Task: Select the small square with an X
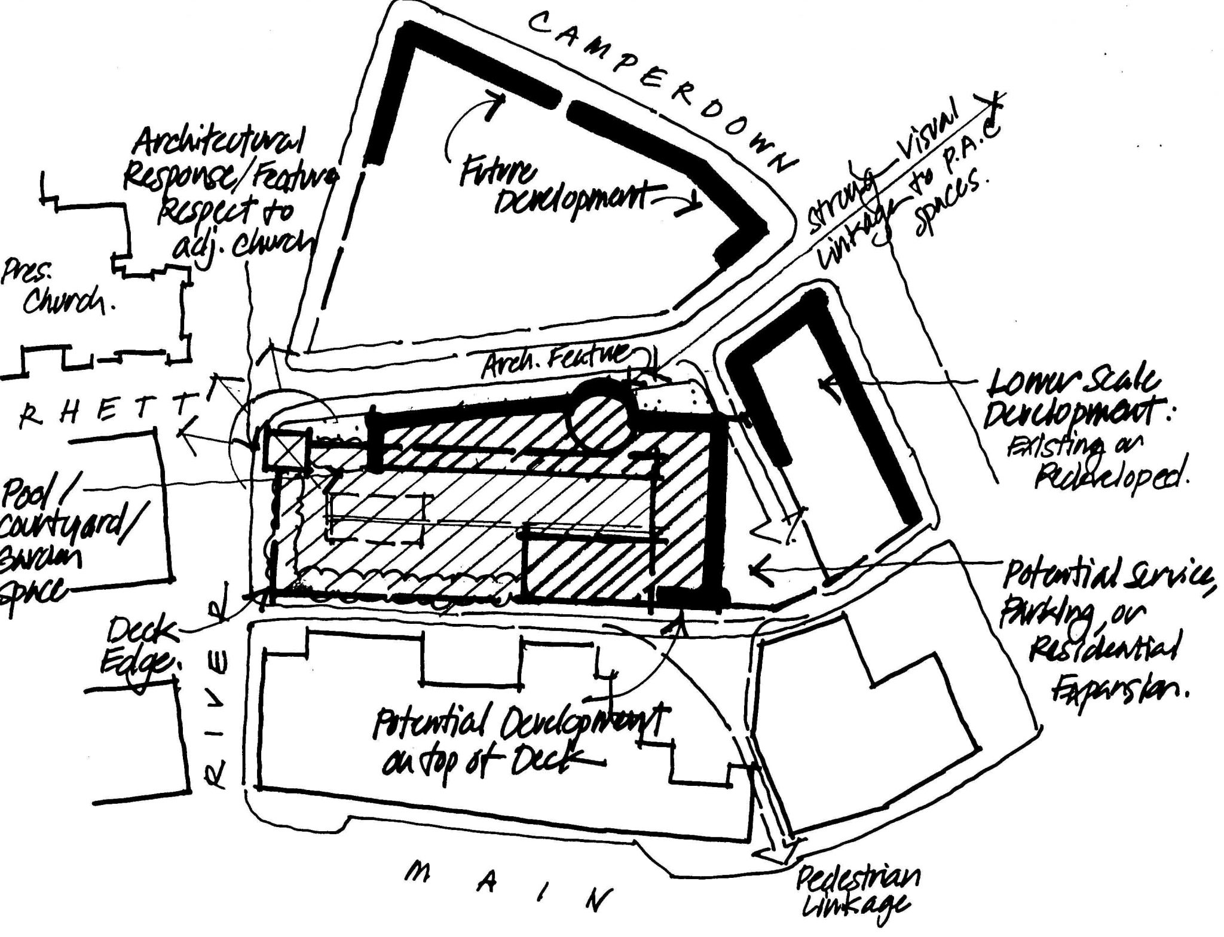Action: click(x=286, y=448)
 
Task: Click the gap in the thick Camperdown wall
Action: click(x=564, y=106)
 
